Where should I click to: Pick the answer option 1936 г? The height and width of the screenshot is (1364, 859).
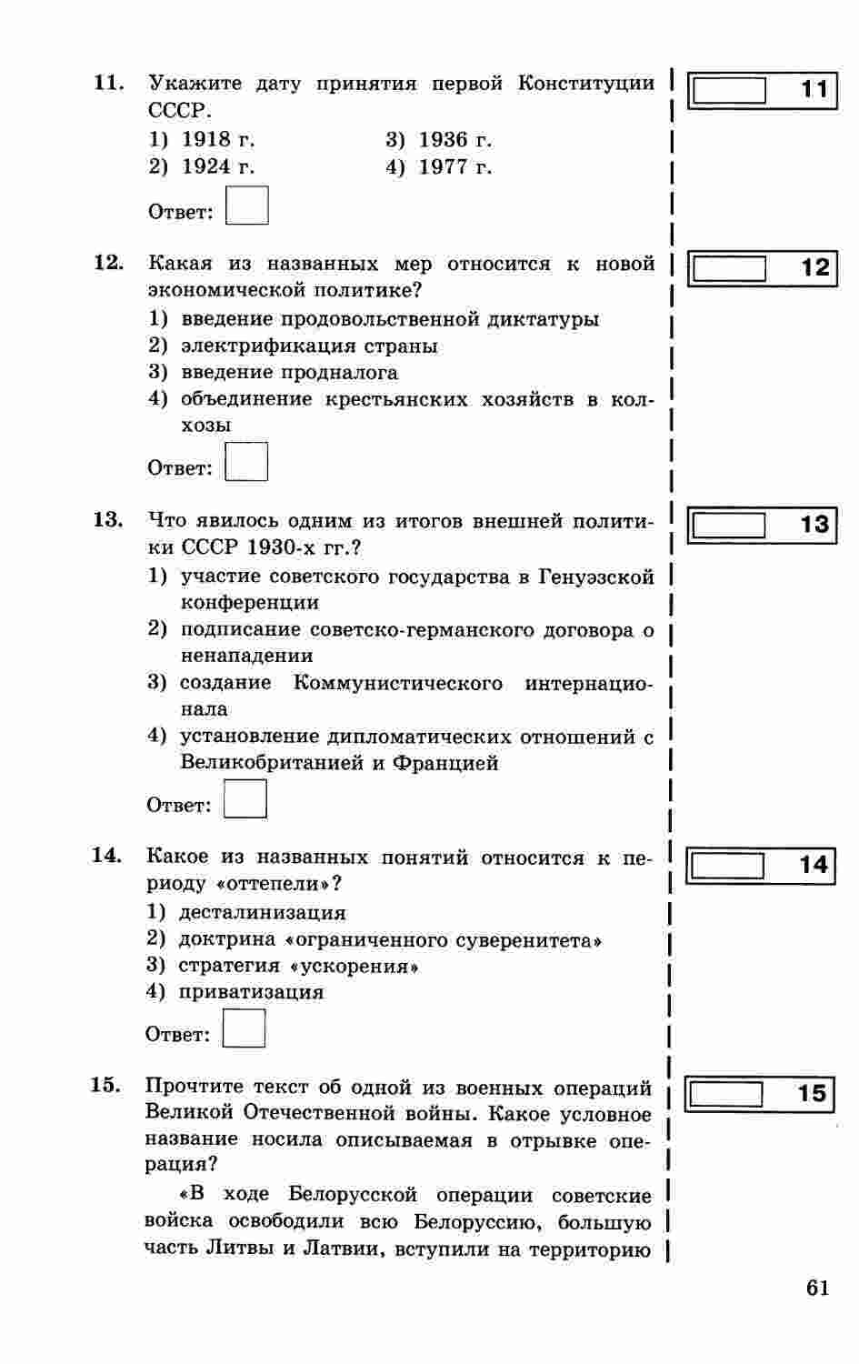tap(454, 140)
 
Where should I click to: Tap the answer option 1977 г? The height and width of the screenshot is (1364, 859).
tap(454, 167)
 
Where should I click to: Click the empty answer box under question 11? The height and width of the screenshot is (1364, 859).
tap(247, 206)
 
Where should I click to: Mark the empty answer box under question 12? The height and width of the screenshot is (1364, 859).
tap(246, 461)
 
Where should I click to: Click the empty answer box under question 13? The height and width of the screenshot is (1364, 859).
tap(245, 799)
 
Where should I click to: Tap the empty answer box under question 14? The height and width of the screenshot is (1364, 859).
tap(245, 1028)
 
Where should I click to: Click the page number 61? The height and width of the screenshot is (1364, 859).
tap(817, 1289)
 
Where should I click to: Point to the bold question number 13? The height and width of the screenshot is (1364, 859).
tap(107, 519)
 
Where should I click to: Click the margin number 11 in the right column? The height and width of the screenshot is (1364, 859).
tap(814, 89)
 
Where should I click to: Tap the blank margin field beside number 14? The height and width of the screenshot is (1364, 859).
tap(727, 865)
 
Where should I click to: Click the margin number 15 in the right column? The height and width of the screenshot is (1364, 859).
tap(811, 1092)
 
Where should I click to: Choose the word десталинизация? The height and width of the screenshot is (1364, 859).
tap(263, 913)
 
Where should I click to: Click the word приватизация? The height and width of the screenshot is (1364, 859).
tap(251, 992)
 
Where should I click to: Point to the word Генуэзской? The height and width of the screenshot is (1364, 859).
tap(596, 577)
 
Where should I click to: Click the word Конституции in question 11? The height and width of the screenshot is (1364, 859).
tap(586, 84)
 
